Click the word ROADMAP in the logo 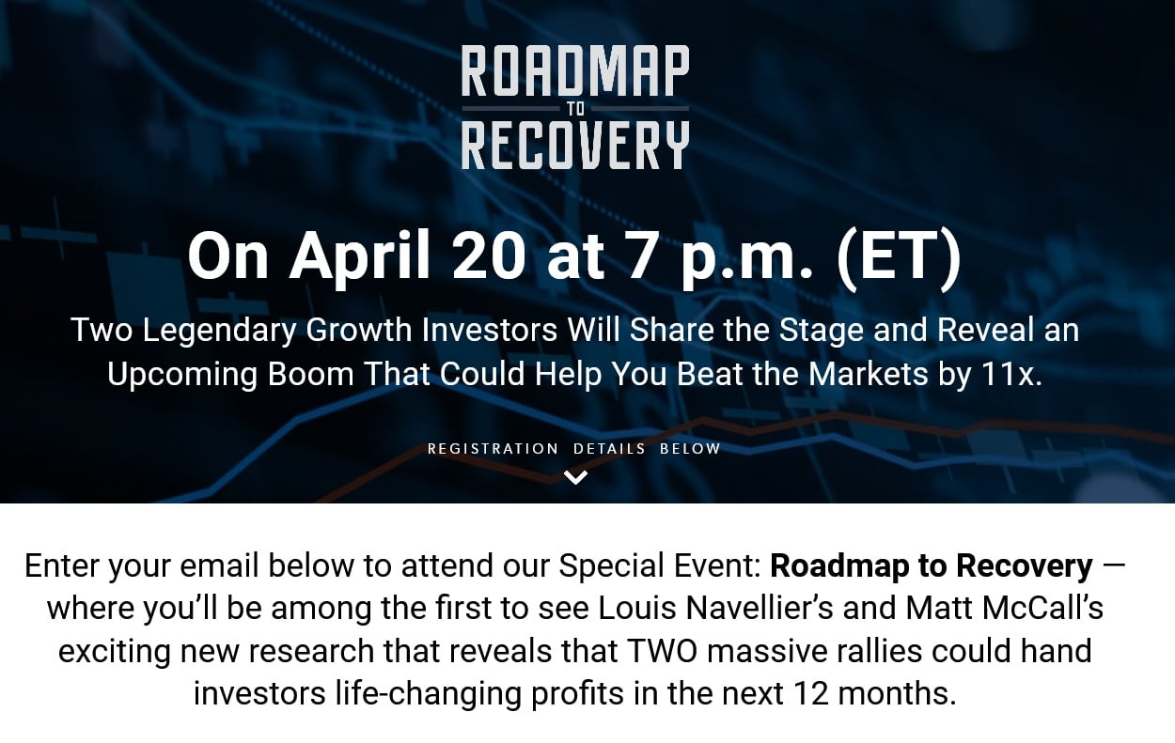[575, 72]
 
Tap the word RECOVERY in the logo [575, 146]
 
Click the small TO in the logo [575, 109]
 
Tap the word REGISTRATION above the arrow [493, 449]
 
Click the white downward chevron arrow [575, 477]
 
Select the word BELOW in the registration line [690, 449]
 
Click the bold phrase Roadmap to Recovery [931, 566]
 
